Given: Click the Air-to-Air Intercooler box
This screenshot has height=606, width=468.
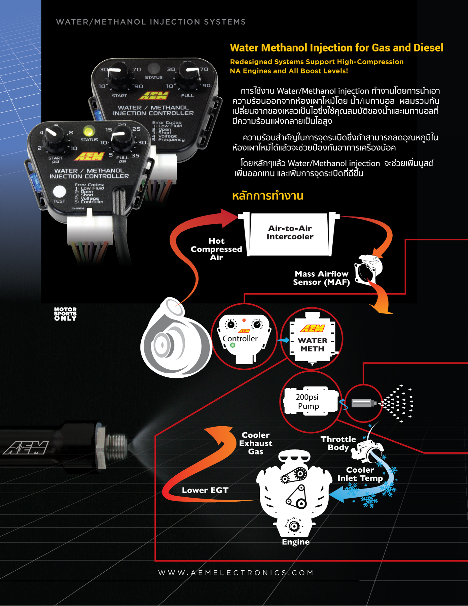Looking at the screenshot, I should (290, 233).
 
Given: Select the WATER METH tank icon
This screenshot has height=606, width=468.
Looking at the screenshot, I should (313, 340).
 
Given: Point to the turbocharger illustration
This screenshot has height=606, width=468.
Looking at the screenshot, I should (173, 340).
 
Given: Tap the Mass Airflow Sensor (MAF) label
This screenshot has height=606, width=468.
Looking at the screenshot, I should (321, 278).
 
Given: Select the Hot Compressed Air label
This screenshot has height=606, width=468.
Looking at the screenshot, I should (216, 249).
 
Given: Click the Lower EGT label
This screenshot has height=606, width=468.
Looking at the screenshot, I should (205, 490).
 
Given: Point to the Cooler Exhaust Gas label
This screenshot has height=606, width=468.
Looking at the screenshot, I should (256, 443).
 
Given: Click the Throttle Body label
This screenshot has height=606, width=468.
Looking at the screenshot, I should (338, 443).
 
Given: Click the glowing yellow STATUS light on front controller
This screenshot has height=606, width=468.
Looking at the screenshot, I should (89, 131).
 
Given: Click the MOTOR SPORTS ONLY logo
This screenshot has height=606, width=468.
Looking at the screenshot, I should (65, 314).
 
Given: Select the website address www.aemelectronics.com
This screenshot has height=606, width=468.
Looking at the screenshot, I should (236, 573).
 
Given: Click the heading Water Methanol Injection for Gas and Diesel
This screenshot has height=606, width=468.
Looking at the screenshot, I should (336, 48).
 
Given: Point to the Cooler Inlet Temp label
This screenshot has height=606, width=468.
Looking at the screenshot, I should (360, 474).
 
